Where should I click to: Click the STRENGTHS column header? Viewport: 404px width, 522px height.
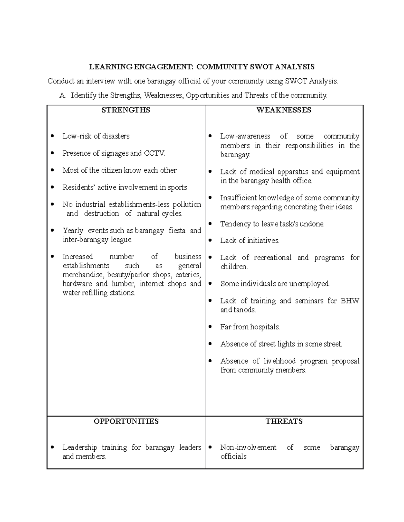pyautogui.click(x=126, y=110)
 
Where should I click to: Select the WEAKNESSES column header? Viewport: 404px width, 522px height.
pyautogui.click(x=284, y=110)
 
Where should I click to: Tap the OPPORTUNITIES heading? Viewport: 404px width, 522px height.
pyautogui.click(x=126, y=421)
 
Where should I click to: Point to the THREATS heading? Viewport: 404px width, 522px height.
pyautogui.click(x=284, y=421)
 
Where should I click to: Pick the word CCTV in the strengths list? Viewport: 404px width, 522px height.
pyautogui.click(x=155, y=154)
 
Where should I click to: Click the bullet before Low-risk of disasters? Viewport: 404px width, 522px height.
pyautogui.click(x=52, y=136)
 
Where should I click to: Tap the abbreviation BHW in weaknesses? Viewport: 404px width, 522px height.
pyautogui.click(x=350, y=301)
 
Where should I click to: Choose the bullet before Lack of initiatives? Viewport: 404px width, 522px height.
pyautogui.click(x=210, y=241)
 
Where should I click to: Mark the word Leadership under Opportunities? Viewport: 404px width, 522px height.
pyautogui.click(x=80, y=448)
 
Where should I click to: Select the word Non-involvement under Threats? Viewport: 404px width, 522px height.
pyautogui.click(x=248, y=448)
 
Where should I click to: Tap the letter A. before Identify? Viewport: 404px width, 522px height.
pyautogui.click(x=62, y=95)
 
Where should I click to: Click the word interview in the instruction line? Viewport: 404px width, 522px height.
pyautogui.click(x=100, y=81)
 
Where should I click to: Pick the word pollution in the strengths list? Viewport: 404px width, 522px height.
pyautogui.click(x=187, y=205)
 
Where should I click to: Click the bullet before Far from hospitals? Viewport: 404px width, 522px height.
pyautogui.click(x=210, y=327)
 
